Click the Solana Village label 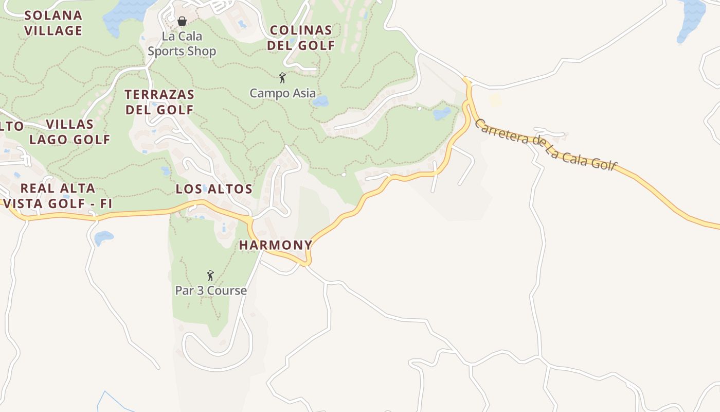53,23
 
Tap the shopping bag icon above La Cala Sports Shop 182,21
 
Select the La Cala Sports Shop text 182,44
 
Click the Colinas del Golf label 301,38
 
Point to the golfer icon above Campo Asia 282,78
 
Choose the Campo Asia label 282,93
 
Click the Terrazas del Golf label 159,102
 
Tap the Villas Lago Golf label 69,132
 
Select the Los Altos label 214,189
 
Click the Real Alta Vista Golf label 58,196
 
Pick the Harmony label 276,245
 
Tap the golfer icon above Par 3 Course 210,276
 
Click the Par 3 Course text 211,290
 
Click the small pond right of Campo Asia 320,101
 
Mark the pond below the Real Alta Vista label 103,237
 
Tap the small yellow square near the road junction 495,100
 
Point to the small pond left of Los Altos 166,170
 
